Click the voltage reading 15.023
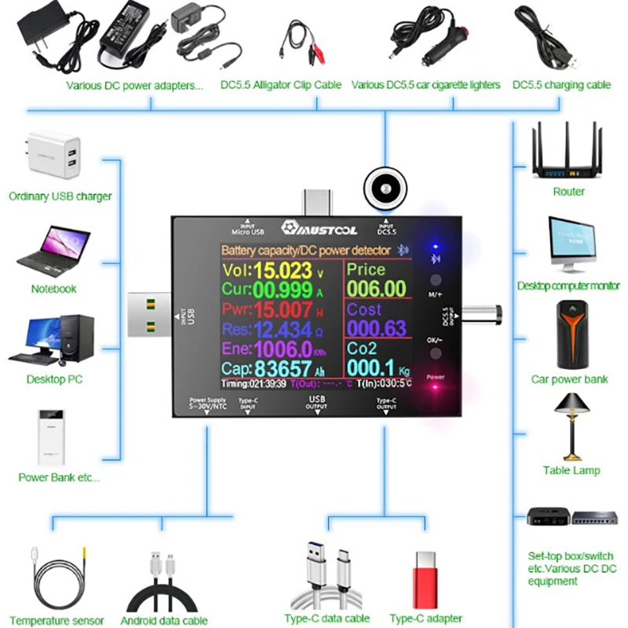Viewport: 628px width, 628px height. pyautogui.click(x=283, y=272)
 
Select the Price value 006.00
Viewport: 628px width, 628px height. pyautogui.click(x=377, y=290)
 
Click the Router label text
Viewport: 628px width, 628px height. pyautogui.click(x=568, y=192)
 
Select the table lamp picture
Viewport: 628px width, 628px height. pyautogui.click(x=571, y=425)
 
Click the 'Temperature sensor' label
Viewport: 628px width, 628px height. pyautogui.click(x=57, y=620)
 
